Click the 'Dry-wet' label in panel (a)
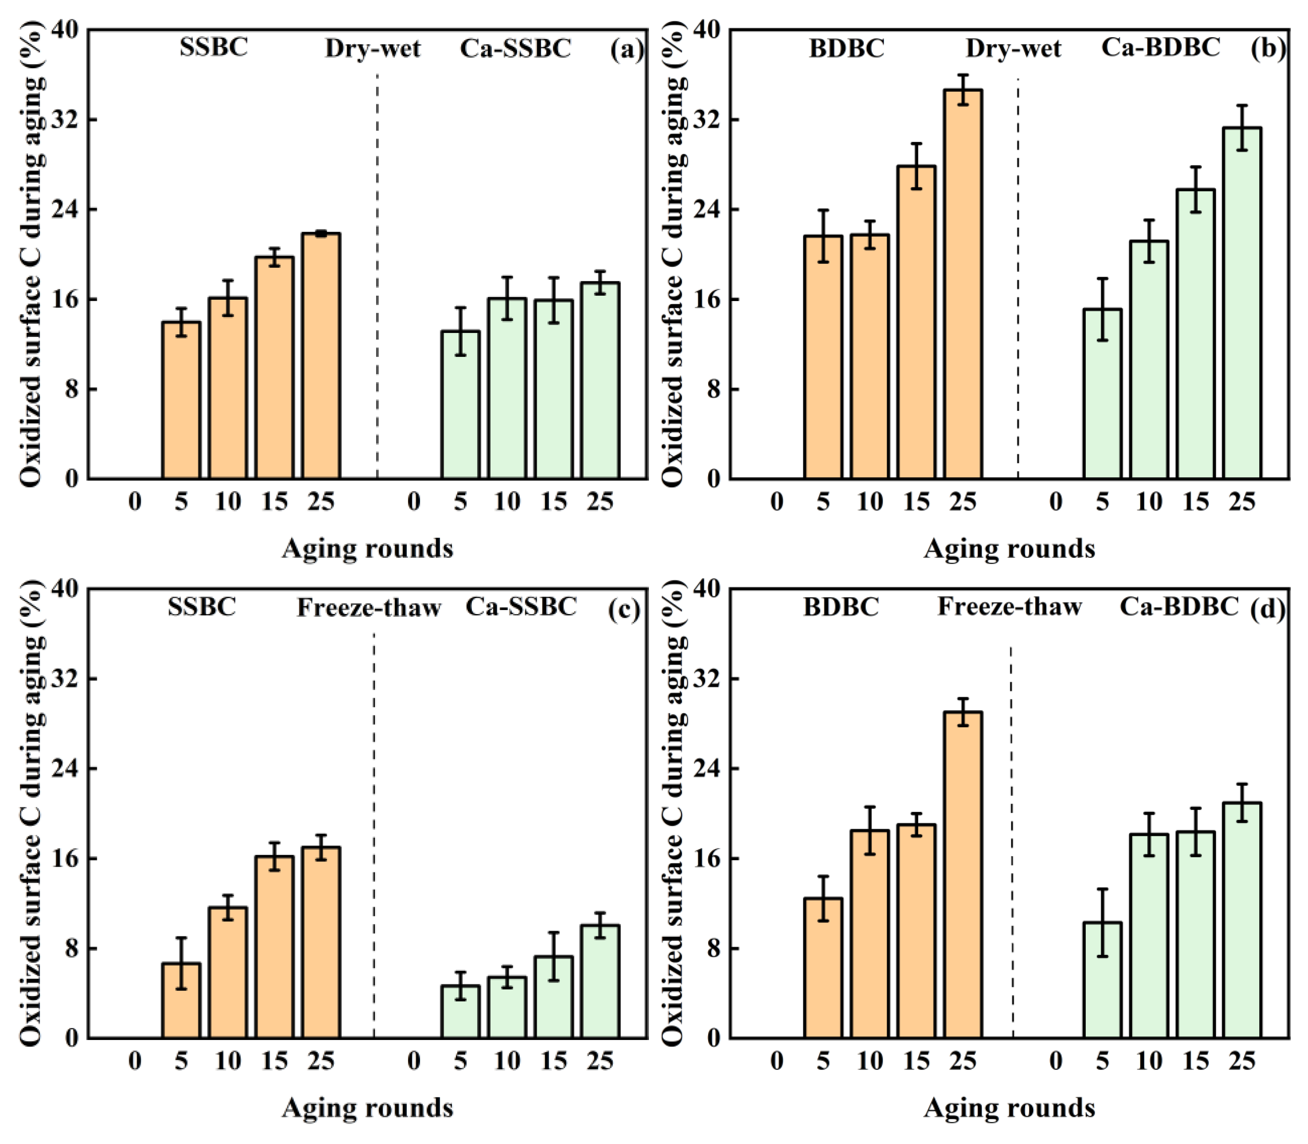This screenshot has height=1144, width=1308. click(x=373, y=49)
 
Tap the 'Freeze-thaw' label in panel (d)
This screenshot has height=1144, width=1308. click(x=1009, y=607)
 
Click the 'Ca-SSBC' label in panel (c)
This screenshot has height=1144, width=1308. click(x=521, y=607)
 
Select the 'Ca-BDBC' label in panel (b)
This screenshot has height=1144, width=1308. click(x=1161, y=47)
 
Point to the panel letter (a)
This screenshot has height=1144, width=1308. click(x=626, y=50)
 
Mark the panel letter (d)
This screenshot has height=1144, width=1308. click(x=1268, y=609)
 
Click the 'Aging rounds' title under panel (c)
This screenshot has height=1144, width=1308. click(x=368, y=1108)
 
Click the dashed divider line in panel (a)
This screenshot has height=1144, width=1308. click(x=377, y=274)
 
